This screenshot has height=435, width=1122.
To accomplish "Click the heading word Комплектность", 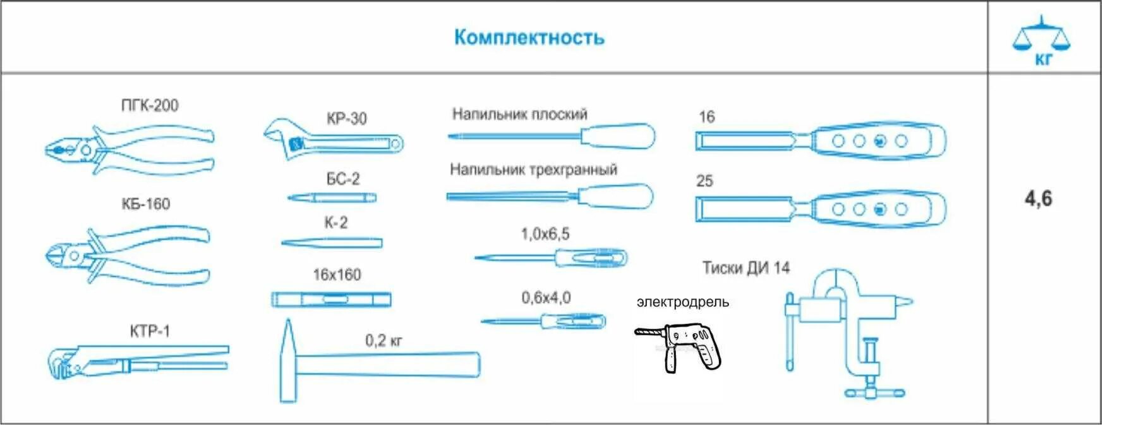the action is [x=529, y=37].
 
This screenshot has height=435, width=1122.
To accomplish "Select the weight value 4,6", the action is [x=1038, y=199].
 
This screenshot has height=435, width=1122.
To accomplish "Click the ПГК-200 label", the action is [x=150, y=105].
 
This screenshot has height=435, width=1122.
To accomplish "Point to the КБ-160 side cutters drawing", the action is [x=126, y=255].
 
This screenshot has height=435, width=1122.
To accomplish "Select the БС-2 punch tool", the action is [x=332, y=198].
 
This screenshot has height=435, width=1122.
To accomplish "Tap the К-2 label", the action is [x=335, y=223].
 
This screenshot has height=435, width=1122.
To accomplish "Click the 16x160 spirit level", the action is [x=331, y=299].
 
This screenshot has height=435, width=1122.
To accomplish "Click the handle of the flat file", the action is [x=617, y=136].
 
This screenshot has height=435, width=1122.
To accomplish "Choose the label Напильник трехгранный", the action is [x=533, y=169].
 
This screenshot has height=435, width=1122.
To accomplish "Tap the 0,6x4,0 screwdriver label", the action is [x=546, y=297].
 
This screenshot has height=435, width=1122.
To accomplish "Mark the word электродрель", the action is [x=682, y=302].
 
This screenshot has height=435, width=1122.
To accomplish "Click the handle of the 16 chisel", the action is [x=878, y=140].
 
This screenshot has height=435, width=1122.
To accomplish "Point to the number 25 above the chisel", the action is [x=704, y=181].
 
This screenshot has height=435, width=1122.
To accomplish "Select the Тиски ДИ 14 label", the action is [x=745, y=268].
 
